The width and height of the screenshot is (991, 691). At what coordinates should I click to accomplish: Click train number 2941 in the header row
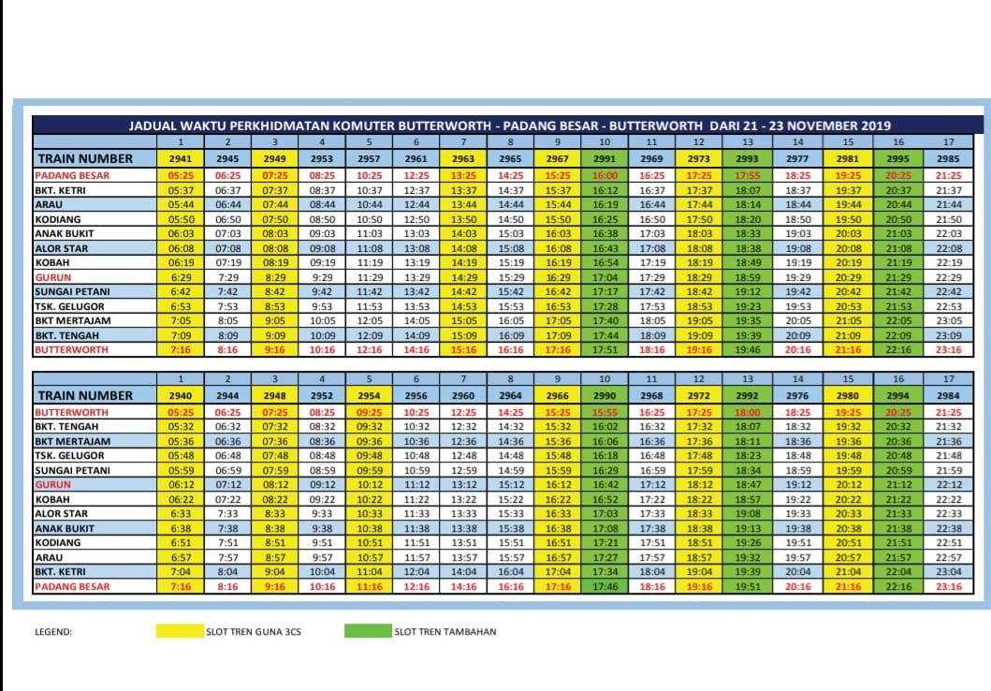point(180,158)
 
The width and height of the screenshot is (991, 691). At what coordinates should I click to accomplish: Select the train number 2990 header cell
point(605,396)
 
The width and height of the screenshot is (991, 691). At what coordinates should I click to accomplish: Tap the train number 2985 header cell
point(948,158)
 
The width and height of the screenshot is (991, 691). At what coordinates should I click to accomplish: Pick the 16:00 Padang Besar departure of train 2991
point(605,176)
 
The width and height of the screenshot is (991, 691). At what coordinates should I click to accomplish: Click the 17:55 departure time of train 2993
point(747,176)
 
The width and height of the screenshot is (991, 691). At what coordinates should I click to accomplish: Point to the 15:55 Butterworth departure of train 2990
point(605,412)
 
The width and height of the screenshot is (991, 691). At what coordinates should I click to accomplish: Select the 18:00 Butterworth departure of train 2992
point(747,412)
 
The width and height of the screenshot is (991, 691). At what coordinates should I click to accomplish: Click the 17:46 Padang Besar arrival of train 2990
point(605,587)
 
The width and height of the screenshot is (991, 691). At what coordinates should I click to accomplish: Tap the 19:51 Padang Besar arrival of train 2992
point(747,587)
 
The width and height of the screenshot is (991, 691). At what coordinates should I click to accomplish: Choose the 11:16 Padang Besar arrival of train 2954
point(369,587)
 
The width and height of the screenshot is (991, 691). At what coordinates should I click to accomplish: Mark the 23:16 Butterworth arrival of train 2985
point(948,349)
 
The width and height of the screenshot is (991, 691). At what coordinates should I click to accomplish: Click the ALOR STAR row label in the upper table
point(62,248)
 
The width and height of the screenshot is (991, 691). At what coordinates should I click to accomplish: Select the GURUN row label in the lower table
point(53,485)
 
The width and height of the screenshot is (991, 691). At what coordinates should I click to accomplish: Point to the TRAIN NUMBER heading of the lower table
point(85,396)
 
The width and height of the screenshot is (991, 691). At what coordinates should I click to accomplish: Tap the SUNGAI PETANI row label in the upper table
point(72,291)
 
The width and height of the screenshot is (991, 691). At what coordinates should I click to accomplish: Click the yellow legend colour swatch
point(180,631)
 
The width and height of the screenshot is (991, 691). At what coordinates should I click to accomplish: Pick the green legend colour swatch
point(368,631)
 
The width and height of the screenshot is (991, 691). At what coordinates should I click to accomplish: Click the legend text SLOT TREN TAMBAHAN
point(444,632)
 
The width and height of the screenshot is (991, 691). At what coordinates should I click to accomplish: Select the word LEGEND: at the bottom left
point(53,632)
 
